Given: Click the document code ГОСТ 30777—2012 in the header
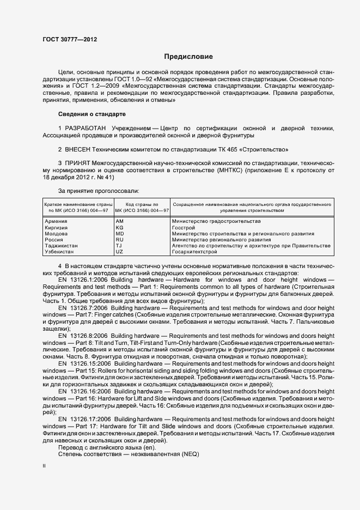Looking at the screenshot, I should [x=70, y=39].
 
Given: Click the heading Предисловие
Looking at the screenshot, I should [x=188, y=57].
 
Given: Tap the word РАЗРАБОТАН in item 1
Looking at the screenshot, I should [x=86, y=127].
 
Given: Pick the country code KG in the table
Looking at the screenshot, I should [x=120, y=227].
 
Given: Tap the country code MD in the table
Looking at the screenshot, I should [x=120, y=233].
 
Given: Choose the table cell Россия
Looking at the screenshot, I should [x=53, y=239].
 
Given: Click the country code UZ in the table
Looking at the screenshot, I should [x=120, y=252].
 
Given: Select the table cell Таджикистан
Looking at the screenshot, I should [x=60, y=246].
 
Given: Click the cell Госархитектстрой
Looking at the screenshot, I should [x=193, y=252].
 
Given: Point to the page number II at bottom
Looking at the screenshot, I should [x=45, y=466].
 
